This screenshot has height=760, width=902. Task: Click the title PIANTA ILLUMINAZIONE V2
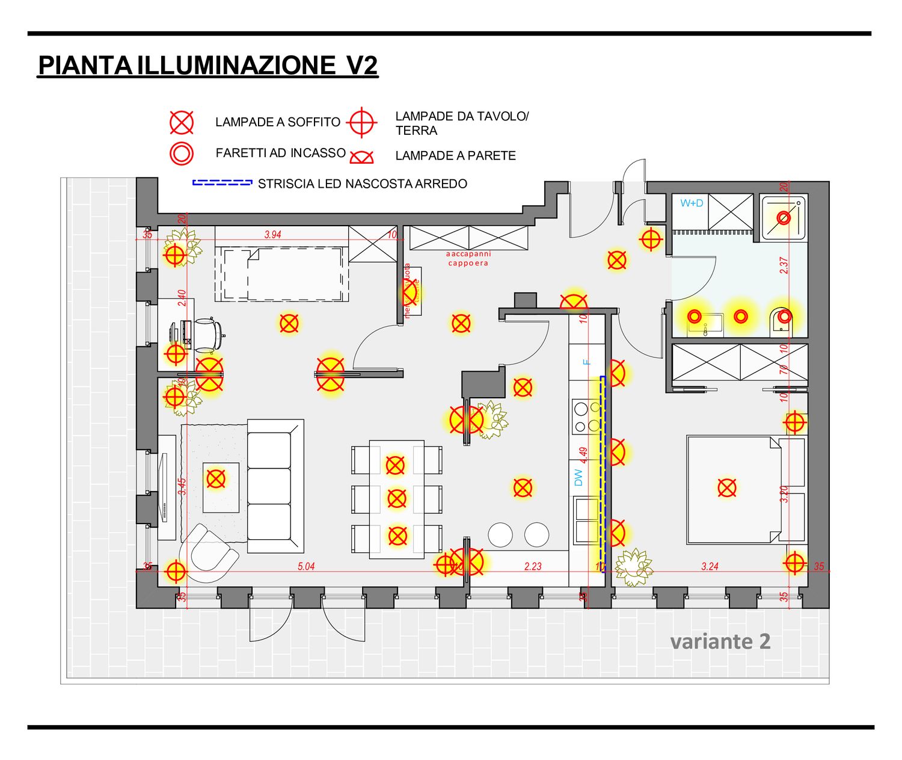tap(207, 65)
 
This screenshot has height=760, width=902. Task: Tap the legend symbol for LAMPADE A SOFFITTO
tap(182, 122)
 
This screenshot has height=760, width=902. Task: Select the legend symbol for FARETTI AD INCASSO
tap(182, 153)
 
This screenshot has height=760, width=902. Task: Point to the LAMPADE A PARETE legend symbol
tap(362, 158)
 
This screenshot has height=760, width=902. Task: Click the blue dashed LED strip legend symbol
tap(222, 182)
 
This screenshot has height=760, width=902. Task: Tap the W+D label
tap(692, 203)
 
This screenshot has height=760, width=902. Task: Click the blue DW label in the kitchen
tap(578, 478)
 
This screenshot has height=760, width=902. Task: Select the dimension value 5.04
tap(306, 566)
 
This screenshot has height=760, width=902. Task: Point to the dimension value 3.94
tap(272, 235)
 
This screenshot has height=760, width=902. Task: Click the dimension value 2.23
tap(533, 566)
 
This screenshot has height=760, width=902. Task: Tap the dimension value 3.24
tap(710, 566)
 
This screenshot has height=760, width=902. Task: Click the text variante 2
tap(720, 641)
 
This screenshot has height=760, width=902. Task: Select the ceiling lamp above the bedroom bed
tap(727, 487)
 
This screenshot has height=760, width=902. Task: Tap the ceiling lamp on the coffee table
tap(216, 479)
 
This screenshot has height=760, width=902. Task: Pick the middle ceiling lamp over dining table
tap(397, 498)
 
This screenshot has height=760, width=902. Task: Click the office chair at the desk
tap(207, 335)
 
